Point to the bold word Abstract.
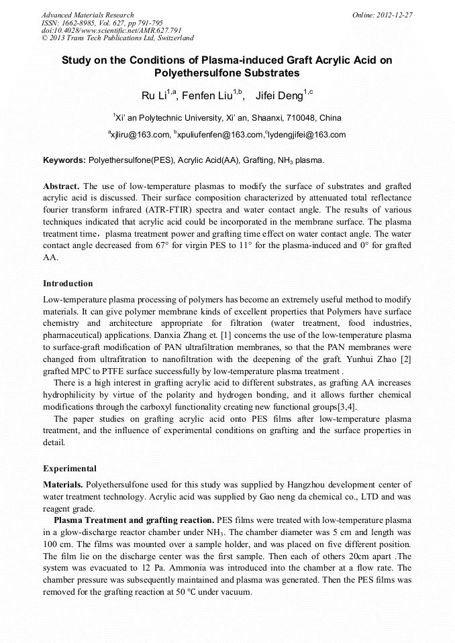pos(62,185)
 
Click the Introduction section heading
pos(68,284)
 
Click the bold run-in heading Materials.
pos(64,484)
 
